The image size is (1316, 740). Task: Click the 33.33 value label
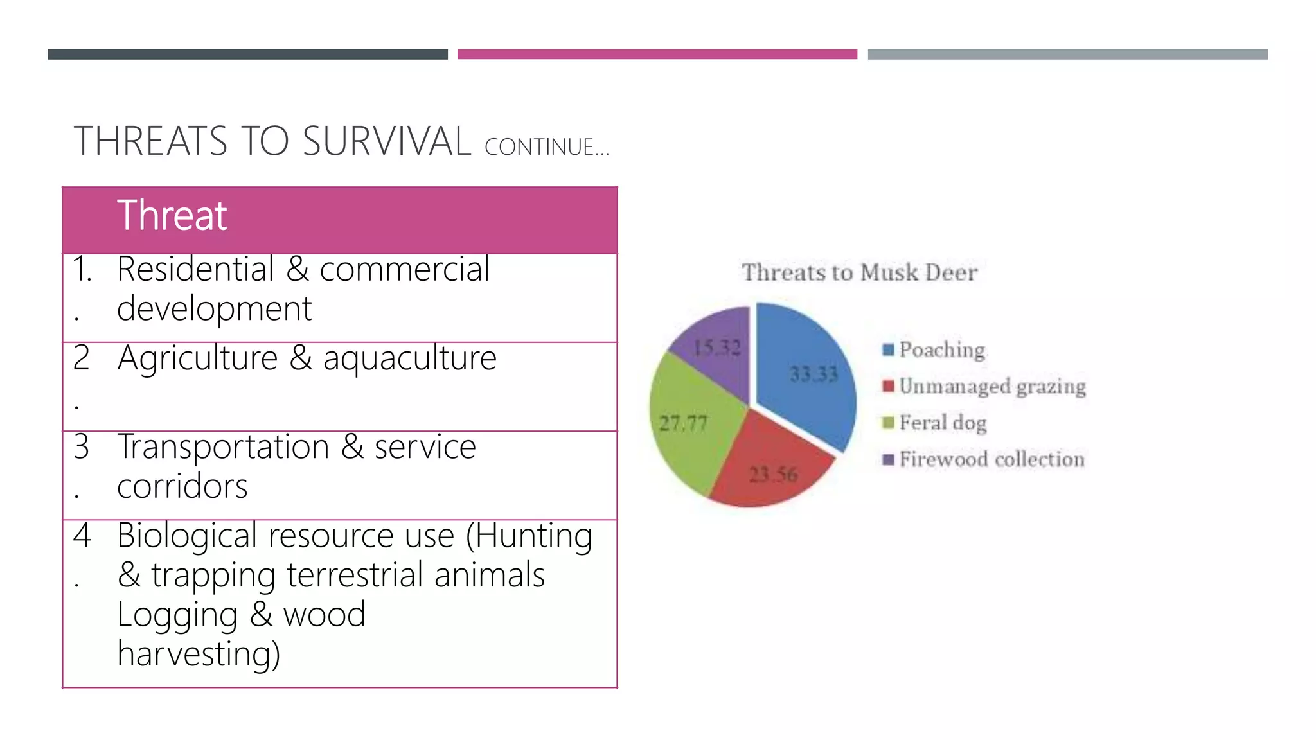pos(814,374)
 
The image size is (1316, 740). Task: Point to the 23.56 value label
pos(773,475)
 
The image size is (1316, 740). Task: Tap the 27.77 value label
pos(683,423)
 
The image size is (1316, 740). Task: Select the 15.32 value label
pos(717,348)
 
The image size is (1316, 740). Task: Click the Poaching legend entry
pos(941,349)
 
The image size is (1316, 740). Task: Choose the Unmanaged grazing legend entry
pos(991,386)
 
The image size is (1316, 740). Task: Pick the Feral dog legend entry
pos(943,423)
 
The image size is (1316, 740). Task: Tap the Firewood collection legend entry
pos(991,459)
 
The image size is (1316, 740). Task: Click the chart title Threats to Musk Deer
pos(859,272)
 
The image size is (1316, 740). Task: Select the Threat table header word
pos(172,215)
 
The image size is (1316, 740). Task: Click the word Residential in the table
pos(195,269)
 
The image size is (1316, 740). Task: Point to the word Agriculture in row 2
pos(197,358)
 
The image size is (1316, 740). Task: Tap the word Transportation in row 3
pos(223,446)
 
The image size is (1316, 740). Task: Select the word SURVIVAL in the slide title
pos(386,141)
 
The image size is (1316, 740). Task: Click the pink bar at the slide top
pos(657,55)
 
